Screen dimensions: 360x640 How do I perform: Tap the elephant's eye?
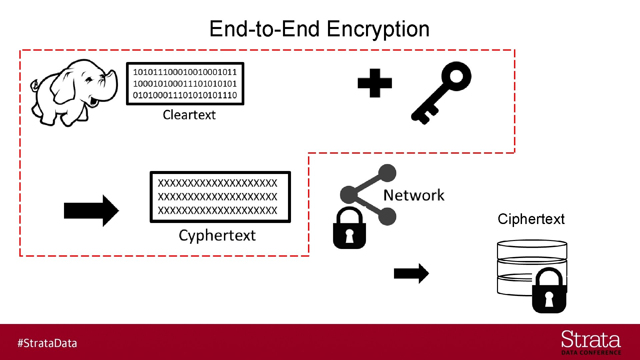tap(89, 80)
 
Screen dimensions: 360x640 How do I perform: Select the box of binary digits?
tap(185, 84)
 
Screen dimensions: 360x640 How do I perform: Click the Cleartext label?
tap(189, 115)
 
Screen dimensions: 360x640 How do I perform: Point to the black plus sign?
tap(375, 83)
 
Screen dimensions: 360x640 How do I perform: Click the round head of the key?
tap(456, 76)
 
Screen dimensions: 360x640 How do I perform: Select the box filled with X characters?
tap(220, 197)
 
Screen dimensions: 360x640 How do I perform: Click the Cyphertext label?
tap(217, 236)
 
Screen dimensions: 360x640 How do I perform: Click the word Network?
tap(414, 195)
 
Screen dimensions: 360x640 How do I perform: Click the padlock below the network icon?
tap(349, 230)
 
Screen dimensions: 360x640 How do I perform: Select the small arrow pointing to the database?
tap(411, 273)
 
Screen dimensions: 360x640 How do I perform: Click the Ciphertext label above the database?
tap(531, 219)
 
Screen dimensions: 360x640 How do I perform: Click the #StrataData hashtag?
tap(47, 343)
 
